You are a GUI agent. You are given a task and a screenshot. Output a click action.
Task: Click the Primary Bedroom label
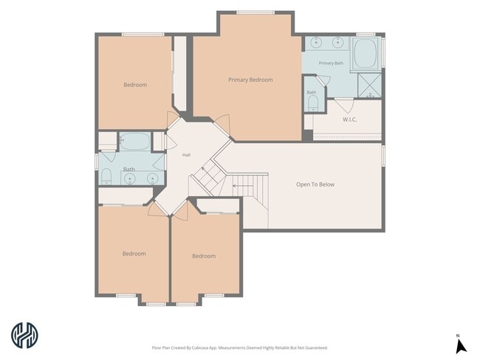pos(250,80)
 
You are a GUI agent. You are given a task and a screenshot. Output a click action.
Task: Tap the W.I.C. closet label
pos(349,120)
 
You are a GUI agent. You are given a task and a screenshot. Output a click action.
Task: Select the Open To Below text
pos(315,184)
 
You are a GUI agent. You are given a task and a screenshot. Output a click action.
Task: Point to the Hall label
pos(186,155)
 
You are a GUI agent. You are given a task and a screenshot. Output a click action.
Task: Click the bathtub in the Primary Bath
pos(366,54)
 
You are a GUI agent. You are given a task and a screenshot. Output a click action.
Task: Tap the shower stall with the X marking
pos(370,85)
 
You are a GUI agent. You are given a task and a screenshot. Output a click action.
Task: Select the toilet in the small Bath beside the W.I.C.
pos(313,103)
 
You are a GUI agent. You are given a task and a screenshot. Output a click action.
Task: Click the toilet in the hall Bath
pos(106,176)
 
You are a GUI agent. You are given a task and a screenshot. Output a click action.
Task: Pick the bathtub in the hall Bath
pos(134,142)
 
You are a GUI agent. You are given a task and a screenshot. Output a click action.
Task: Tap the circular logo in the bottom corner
pos(25,335)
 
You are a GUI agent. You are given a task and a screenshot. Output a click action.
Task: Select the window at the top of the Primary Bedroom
pos(256,13)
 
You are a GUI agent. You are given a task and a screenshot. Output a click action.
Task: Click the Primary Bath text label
pos(331,63)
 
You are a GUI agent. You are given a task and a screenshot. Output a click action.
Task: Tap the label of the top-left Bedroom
pos(135,85)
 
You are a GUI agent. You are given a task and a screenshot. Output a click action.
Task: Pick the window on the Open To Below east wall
pos(383,156)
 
